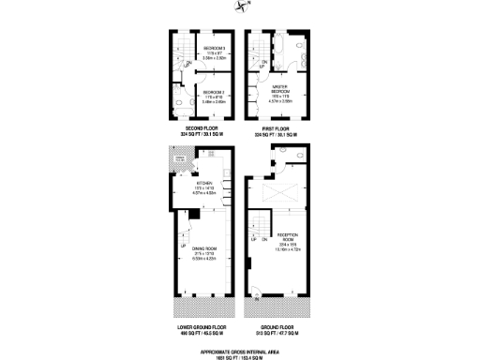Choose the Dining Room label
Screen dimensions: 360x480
tap(203, 251)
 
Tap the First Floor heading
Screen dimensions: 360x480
tap(278, 129)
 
